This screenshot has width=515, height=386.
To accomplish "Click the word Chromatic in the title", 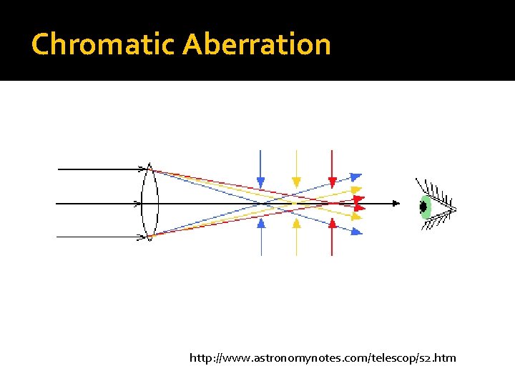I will pos(104,44).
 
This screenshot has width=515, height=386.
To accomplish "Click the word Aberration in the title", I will pos(257,44).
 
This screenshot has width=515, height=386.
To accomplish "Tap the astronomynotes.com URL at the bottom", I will pos(322,357).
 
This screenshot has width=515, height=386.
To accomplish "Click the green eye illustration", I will pos(426,207).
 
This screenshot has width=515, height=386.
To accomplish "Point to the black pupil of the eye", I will pos(423,207).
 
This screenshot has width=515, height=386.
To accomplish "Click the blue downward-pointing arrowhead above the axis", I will pos(260,181).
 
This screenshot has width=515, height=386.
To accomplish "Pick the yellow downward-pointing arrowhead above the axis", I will pos(296,181).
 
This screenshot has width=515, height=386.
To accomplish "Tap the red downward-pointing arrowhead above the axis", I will pos(332,181).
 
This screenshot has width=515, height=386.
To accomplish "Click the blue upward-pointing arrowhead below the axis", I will pos(260,223).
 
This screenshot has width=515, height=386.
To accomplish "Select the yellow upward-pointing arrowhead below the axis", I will pos(296,223).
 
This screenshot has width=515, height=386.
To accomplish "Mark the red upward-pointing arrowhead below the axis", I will pos(332,223).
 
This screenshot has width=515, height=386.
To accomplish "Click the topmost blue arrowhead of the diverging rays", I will pos(355,177).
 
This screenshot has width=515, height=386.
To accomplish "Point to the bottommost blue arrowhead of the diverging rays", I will pos(356,230).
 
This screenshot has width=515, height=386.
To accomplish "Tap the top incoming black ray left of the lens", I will pos(100,169).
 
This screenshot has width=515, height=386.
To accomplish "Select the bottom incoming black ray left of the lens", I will pos(100,237).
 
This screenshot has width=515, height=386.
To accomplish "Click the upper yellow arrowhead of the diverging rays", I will pos(355,190).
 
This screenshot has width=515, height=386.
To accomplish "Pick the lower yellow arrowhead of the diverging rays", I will pos(356,215).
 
